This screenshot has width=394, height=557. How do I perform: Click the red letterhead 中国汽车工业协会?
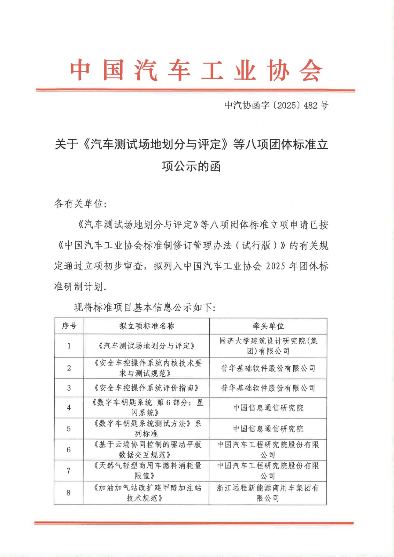[196, 71]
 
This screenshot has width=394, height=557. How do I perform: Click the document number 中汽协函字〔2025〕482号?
[276, 105]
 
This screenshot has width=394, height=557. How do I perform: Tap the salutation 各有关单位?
[80, 204]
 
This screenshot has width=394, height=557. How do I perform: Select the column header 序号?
[69, 326]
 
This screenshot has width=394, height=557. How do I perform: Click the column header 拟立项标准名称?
[147, 326]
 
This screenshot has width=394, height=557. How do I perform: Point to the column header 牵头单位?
[268, 326]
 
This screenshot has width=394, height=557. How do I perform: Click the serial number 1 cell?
[69, 346]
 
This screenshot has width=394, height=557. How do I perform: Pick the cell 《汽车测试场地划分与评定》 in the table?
[147, 346]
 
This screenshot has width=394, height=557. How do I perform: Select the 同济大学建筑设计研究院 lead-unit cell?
[268, 346]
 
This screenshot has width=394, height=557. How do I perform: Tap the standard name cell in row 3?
[147, 388]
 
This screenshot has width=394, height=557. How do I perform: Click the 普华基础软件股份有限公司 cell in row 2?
[268, 368]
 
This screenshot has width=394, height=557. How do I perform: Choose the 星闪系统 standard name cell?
[147, 408]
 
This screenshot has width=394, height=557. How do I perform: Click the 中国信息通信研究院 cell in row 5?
[268, 429]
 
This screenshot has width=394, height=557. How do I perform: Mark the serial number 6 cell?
[69, 449]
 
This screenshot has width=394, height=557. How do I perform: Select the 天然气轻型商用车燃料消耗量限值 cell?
[147, 470]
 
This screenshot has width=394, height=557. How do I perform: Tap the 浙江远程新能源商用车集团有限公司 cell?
[268, 493]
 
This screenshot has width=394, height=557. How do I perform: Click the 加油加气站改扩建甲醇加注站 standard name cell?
[146, 493]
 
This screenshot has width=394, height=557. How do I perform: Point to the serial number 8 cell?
[68, 493]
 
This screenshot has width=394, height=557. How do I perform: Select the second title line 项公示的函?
[191, 166]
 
